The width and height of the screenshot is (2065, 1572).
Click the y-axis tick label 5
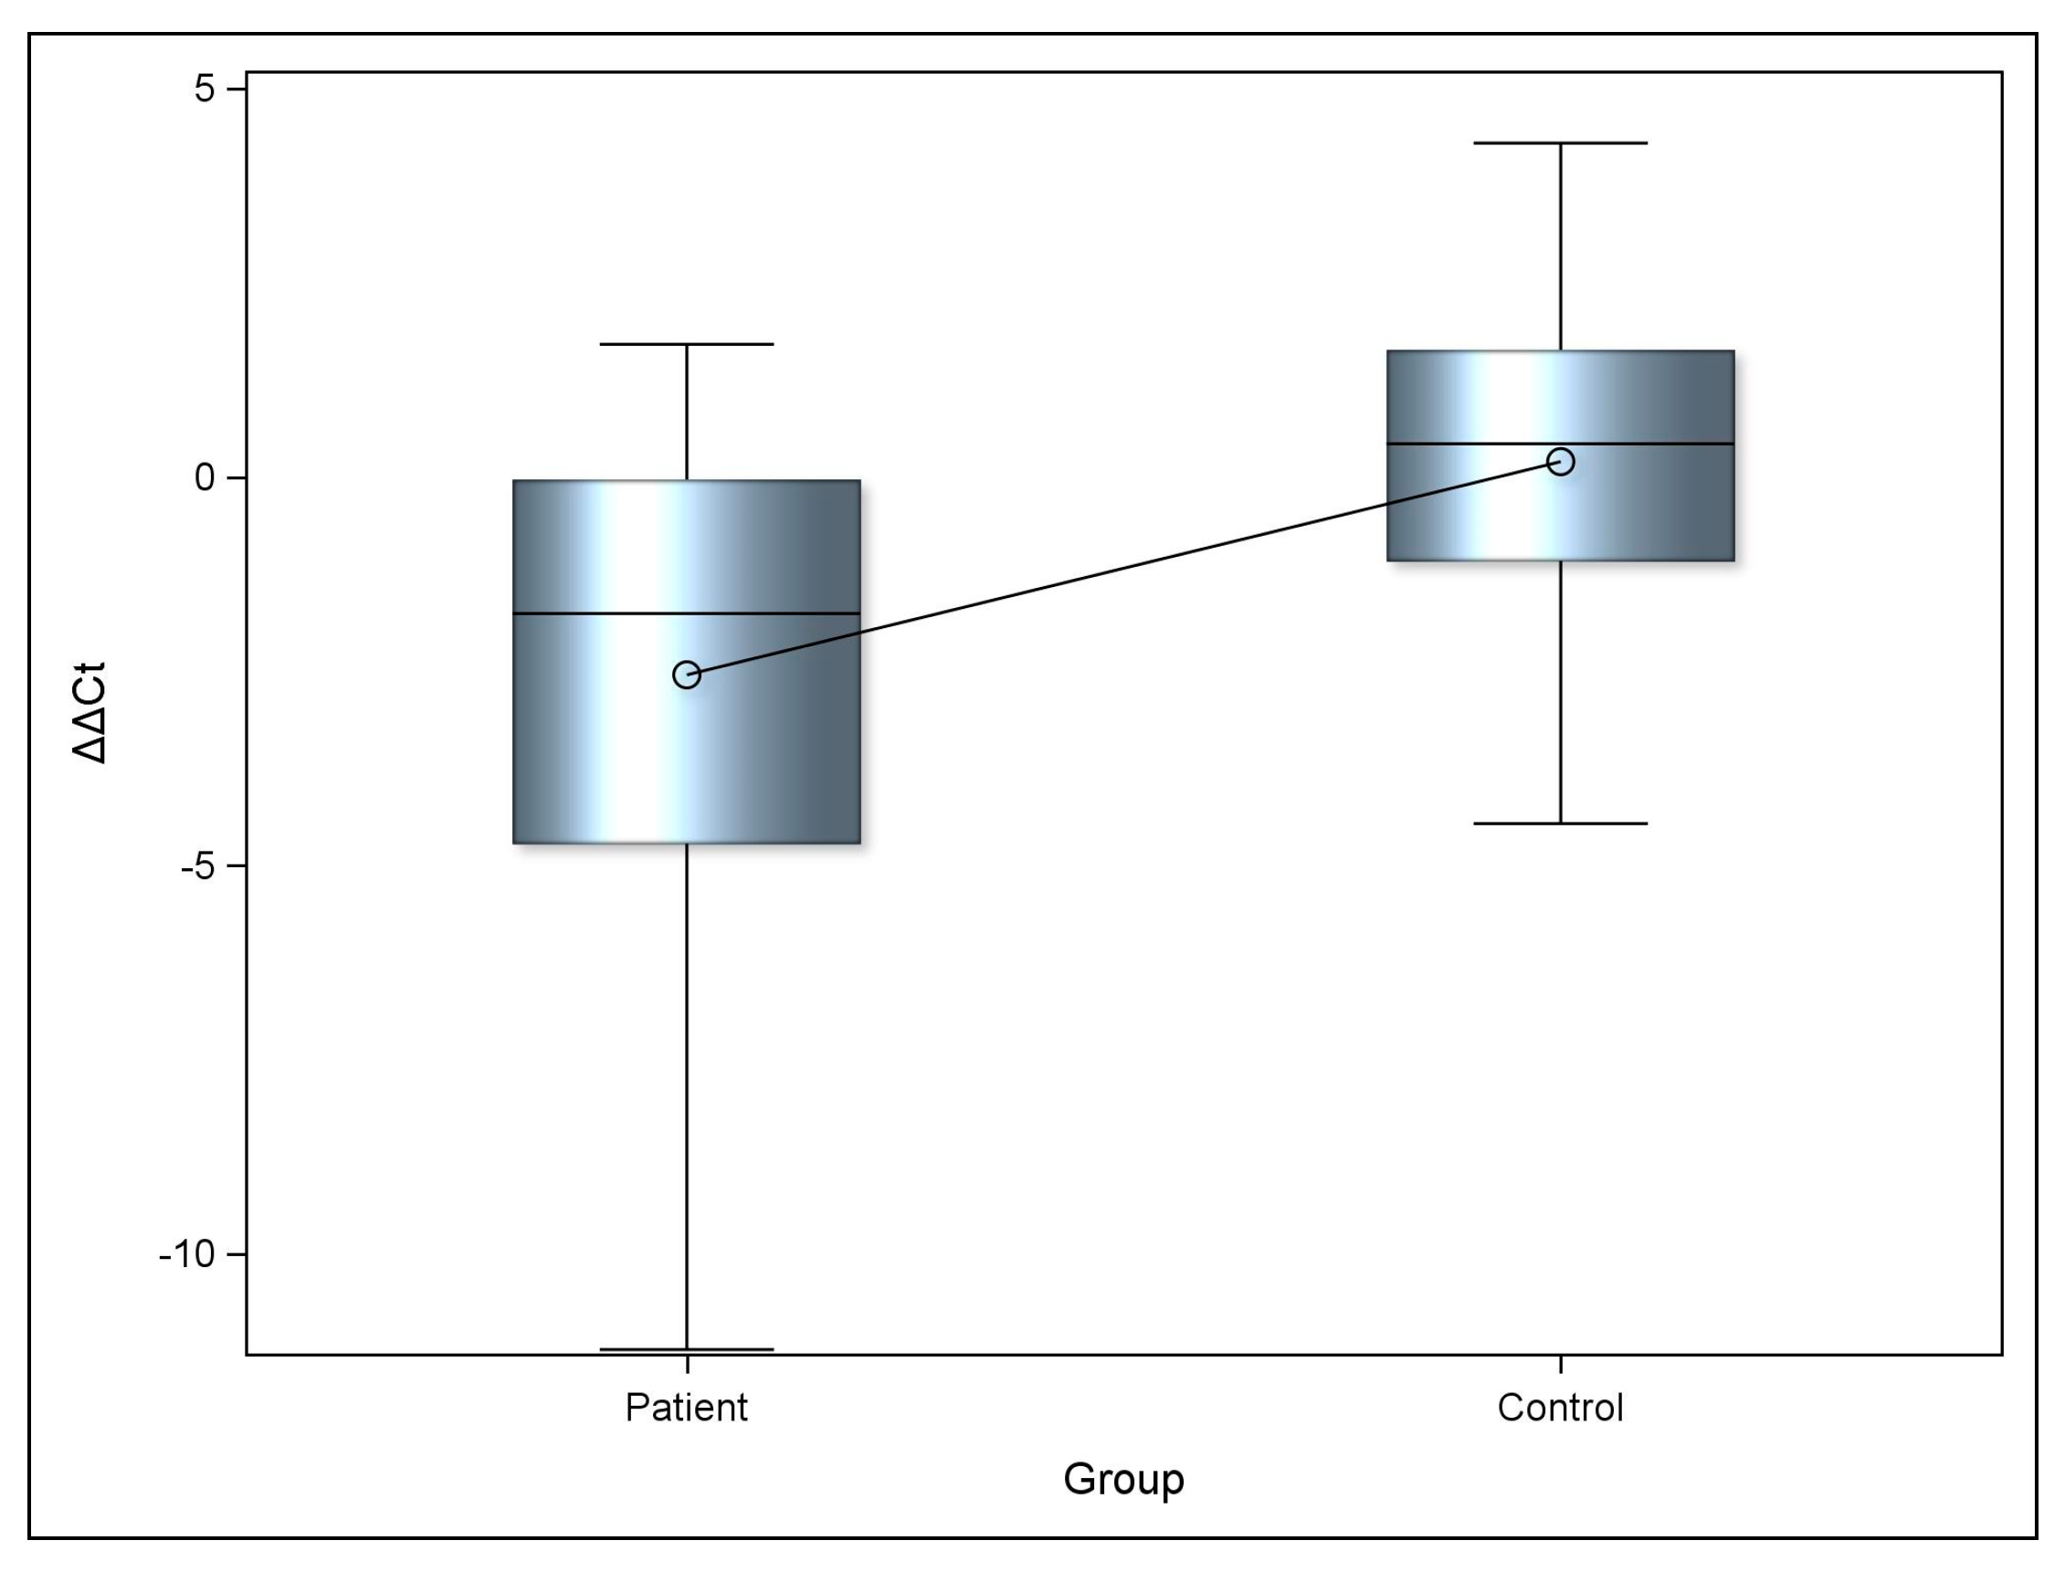tap(205, 89)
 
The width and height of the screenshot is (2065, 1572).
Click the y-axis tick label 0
tap(205, 477)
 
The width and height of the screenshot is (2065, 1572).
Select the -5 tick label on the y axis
tap(197, 866)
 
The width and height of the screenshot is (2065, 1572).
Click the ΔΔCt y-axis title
tap(90, 713)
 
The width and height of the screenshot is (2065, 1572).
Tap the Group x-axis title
tap(1123, 1479)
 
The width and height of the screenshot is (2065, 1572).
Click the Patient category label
tap(686, 1408)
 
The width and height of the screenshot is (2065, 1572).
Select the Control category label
tap(1560, 1408)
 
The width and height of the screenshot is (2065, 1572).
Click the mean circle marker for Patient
tap(686, 675)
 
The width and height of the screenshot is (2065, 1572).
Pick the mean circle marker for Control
tap(1561, 461)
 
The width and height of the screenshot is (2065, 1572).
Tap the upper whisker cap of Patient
tap(686, 344)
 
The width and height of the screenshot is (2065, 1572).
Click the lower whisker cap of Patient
tap(686, 1349)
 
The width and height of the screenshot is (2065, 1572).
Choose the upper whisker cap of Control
tap(1561, 143)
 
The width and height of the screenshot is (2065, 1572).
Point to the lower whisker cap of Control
tap(1561, 823)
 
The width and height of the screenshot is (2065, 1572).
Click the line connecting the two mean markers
tap(1123, 568)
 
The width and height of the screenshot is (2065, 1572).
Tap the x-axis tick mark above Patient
tap(687, 1363)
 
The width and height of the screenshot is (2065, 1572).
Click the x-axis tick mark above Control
tap(1561, 1363)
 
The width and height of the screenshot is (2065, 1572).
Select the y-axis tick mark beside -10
tap(236, 1254)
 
